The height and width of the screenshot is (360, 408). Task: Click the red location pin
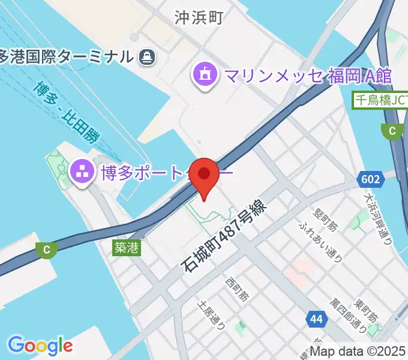205,176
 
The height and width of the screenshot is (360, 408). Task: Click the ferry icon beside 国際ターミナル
146,57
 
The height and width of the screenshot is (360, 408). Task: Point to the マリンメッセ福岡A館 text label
308,76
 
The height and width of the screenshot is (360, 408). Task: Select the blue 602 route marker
370,179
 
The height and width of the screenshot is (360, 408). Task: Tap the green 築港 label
127,247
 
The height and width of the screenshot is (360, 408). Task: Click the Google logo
40,345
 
